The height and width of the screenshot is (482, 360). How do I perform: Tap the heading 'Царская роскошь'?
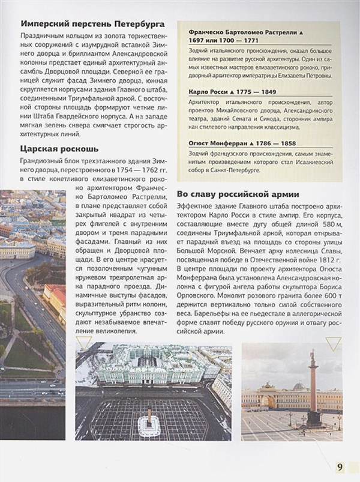(x=60, y=148)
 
